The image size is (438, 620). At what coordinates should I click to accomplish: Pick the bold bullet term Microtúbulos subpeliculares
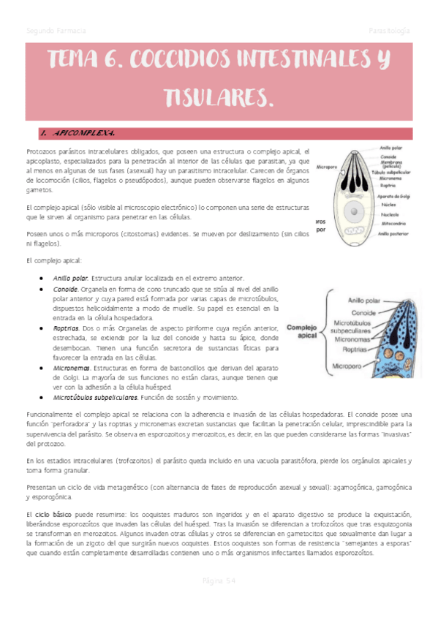point(95,398)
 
